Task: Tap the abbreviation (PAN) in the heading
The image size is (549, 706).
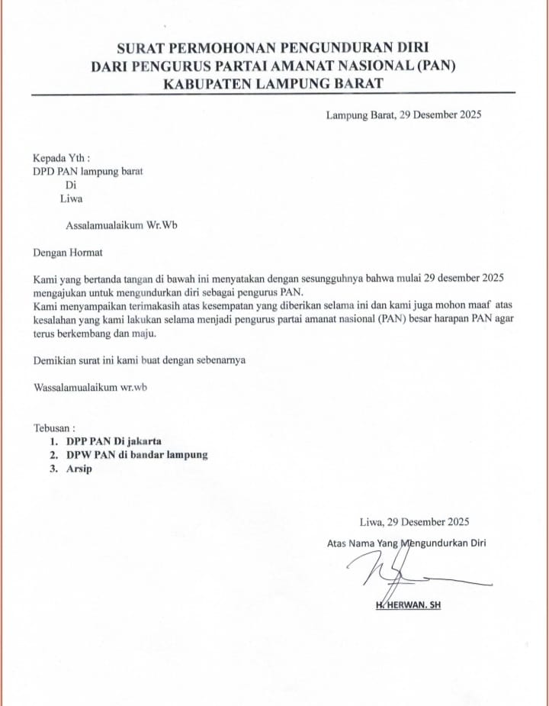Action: [x=435, y=66]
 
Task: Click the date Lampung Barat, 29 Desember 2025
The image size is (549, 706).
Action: [x=403, y=116]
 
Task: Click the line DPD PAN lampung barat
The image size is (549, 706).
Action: [x=88, y=171]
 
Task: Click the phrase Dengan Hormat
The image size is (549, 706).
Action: [x=68, y=252]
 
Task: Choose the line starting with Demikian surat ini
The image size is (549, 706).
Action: [x=140, y=359]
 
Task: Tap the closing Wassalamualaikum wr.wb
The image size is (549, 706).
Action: [x=91, y=387]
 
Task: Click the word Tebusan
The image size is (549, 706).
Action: [x=55, y=428]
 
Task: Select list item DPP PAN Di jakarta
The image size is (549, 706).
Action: [x=114, y=441]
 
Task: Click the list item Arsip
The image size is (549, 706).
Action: [x=79, y=469]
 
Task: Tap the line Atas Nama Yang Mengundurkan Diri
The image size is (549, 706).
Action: [x=406, y=543]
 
